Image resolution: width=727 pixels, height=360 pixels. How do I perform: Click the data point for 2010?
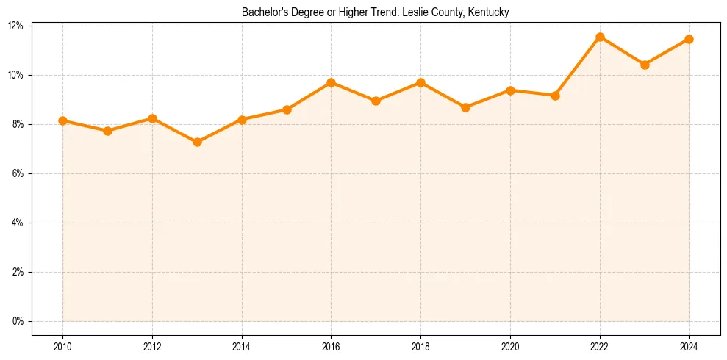click(62, 120)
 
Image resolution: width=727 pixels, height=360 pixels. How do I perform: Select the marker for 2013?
click(197, 142)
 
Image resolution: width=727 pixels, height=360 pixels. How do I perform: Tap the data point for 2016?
click(331, 82)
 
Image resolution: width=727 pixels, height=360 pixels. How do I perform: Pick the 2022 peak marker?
click(600, 37)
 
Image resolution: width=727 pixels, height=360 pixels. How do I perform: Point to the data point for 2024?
click(689, 39)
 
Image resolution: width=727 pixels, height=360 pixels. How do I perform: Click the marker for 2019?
click(465, 107)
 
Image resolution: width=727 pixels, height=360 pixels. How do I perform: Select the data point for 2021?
click(555, 96)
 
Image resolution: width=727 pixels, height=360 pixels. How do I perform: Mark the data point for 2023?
click(645, 65)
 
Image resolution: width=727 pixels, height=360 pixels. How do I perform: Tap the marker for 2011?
click(107, 131)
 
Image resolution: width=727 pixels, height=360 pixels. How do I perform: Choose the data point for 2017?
click(376, 101)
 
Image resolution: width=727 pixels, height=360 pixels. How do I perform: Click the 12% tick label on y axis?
click(15, 26)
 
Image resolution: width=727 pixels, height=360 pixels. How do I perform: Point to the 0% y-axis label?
click(18, 321)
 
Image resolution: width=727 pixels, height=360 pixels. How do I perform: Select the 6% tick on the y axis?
click(18, 173)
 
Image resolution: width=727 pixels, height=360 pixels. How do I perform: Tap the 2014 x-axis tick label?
click(242, 347)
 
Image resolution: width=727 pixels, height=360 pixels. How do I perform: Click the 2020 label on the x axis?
click(510, 347)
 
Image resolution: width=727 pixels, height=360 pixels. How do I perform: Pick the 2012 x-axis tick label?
click(152, 347)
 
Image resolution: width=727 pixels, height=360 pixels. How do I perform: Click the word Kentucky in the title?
click(490, 12)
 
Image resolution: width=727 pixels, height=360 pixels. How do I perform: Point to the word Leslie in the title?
click(414, 12)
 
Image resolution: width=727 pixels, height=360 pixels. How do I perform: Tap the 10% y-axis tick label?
click(15, 75)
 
